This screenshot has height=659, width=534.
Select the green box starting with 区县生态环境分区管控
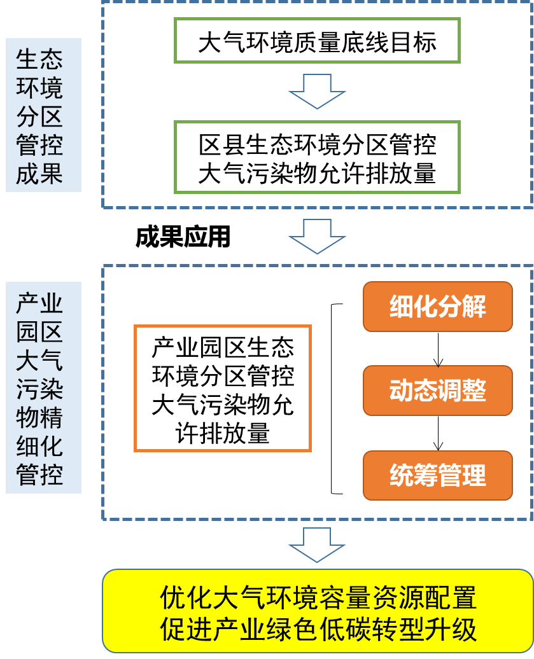pyautogui.click(x=317, y=156)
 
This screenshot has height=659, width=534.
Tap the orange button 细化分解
pyautogui.click(x=438, y=307)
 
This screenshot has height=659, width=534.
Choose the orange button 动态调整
pyautogui.click(x=438, y=391)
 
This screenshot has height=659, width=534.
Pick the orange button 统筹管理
pyautogui.click(x=438, y=475)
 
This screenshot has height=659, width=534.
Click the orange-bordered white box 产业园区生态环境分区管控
pyautogui.click(x=223, y=388)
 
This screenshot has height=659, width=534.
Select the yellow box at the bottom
pyautogui.click(x=318, y=611)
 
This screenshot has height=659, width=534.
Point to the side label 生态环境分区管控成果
pyautogui.click(x=43, y=115)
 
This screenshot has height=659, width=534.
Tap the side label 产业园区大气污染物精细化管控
pyautogui.click(x=43, y=387)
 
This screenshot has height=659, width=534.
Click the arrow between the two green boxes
pyautogui.click(x=317, y=91)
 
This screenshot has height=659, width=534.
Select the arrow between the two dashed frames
pyautogui.click(x=317, y=236)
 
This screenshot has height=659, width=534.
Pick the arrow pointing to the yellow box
pyautogui.click(x=317, y=545)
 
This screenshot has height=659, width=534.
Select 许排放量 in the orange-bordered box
pyautogui.click(x=223, y=433)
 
